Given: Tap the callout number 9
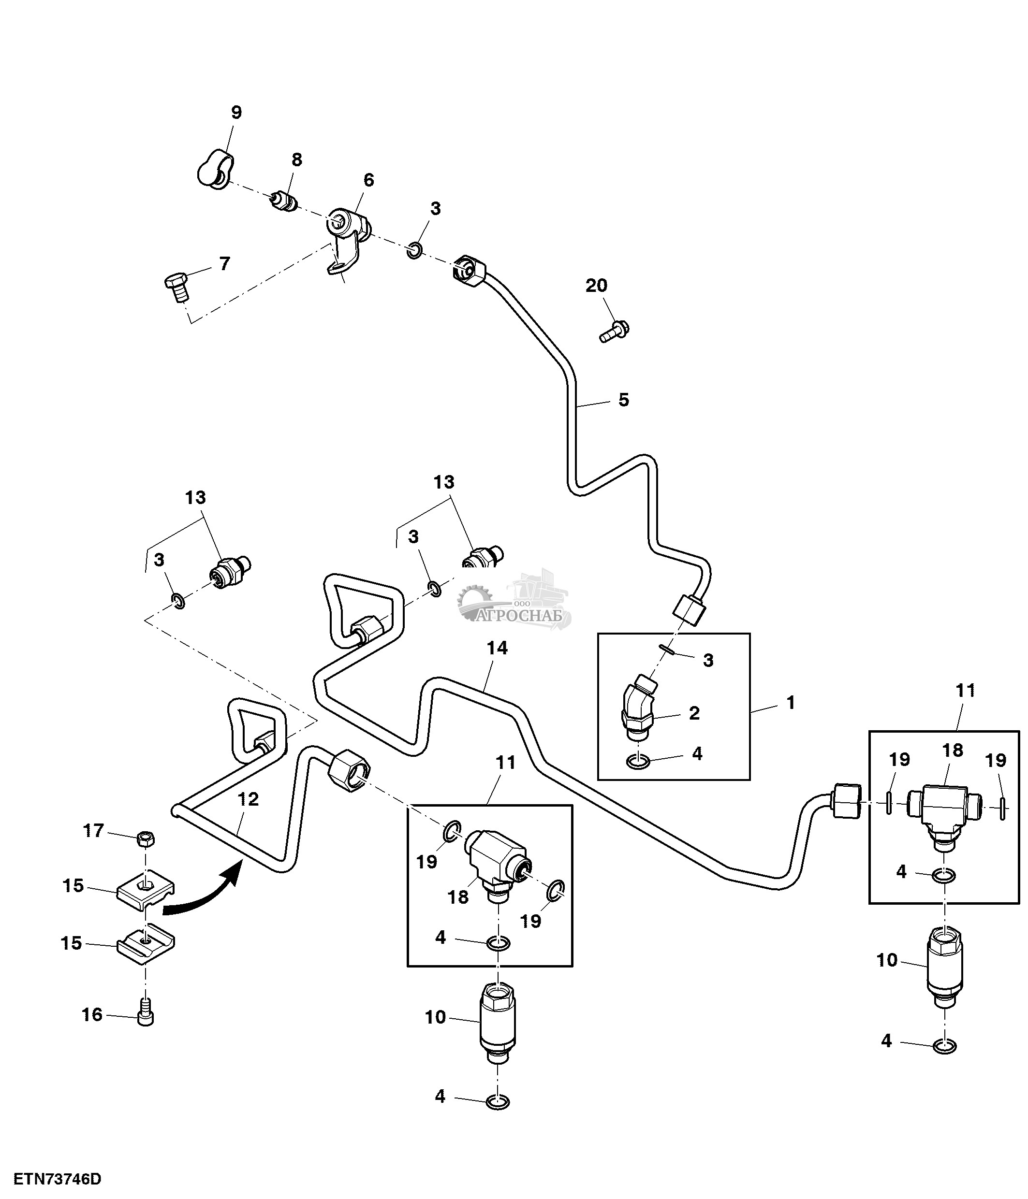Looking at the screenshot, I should click(236, 112).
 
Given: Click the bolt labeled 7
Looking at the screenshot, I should click(176, 287).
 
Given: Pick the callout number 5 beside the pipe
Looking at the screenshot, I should click(623, 400).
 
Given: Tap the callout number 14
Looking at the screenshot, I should click(497, 649).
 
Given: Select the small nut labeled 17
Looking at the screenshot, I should click(147, 838).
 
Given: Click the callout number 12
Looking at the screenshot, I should click(248, 799).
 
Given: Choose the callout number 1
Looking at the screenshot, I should click(791, 703).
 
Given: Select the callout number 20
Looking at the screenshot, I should click(596, 285).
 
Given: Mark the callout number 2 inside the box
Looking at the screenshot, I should click(694, 713).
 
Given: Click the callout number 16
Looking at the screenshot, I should click(92, 1014).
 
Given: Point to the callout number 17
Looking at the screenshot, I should click(93, 831).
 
